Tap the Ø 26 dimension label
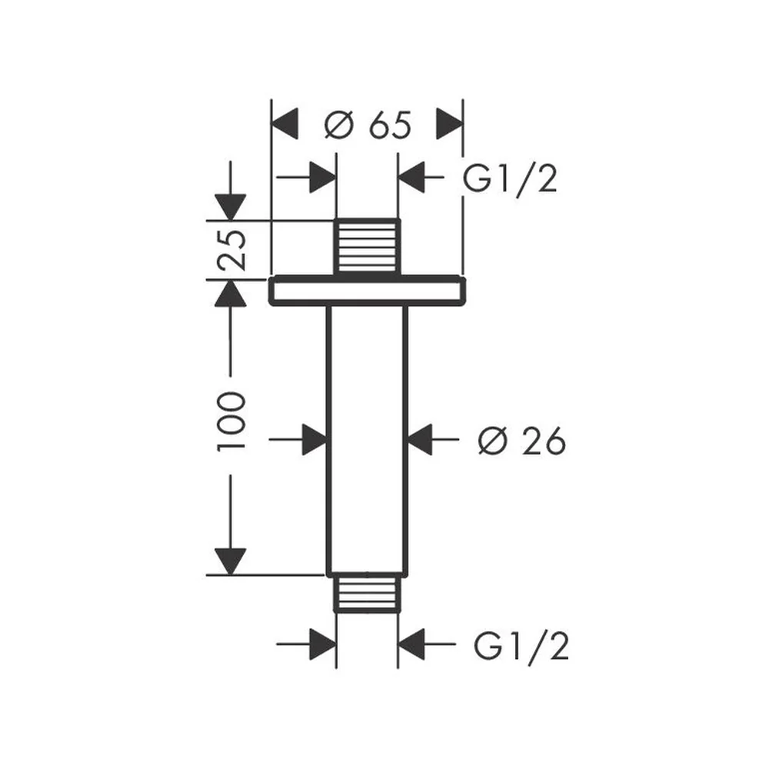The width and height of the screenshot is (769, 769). pyautogui.click(x=522, y=440)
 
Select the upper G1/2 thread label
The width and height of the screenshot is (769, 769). pyautogui.click(x=510, y=179)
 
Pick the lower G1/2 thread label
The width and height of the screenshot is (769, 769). pyautogui.click(x=521, y=647)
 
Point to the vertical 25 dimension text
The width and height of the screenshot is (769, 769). pyautogui.click(x=231, y=250)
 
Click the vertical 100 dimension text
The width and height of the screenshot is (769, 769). pyautogui.click(x=231, y=421)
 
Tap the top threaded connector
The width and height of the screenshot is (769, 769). pyautogui.click(x=368, y=247)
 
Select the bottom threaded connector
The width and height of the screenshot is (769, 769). pyautogui.click(x=368, y=594)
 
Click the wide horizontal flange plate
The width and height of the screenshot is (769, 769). pyautogui.click(x=367, y=291)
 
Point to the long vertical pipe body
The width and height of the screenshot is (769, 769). pyautogui.click(x=368, y=440)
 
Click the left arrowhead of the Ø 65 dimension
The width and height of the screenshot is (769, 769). pyautogui.click(x=285, y=124)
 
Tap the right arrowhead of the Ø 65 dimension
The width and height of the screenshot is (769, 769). pyautogui.click(x=449, y=124)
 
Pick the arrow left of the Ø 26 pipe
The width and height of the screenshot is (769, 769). pyautogui.click(x=298, y=439)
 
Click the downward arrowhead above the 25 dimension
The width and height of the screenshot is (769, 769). pyautogui.click(x=231, y=206)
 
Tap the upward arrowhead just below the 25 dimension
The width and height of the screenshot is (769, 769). pyautogui.click(x=231, y=293)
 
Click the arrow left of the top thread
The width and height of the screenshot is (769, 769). pyautogui.click(x=306, y=177)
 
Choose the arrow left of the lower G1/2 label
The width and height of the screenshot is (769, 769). pyautogui.click(x=427, y=644)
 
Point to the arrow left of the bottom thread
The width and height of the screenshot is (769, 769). pyautogui.click(x=306, y=644)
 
